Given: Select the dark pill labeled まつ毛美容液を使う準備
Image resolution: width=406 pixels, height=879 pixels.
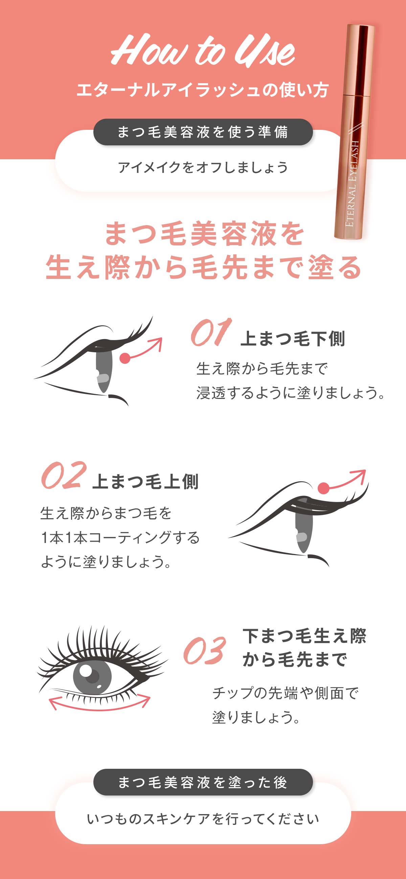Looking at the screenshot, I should [203, 132].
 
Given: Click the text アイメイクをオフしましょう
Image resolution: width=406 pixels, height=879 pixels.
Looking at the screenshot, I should [203, 168].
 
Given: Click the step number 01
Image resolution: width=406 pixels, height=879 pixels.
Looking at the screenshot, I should [211, 333].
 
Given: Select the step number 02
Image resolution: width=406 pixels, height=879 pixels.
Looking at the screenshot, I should [63, 475].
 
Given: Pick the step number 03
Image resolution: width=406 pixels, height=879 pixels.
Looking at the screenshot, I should [204, 651].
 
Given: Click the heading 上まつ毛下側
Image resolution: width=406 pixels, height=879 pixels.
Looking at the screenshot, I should [293, 339].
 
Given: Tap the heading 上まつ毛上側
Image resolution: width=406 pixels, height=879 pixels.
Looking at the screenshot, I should [145, 482].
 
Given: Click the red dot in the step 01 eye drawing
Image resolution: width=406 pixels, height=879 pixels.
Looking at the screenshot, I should [125, 358].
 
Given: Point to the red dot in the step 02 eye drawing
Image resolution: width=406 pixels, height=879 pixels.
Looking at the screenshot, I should [323, 488].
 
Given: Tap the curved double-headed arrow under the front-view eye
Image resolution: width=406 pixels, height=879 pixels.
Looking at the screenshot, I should [99, 704].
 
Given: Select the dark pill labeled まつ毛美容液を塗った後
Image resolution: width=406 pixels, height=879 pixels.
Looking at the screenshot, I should [203, 782].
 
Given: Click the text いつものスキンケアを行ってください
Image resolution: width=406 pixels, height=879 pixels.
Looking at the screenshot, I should [203, 819].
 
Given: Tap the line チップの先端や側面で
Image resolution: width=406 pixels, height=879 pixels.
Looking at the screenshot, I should [285, 693].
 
